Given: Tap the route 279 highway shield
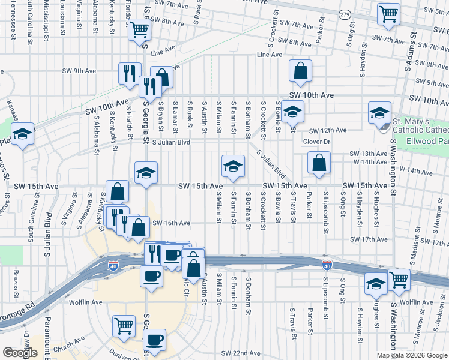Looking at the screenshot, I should point(344,14).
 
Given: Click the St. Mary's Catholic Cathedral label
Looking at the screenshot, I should point(420,126).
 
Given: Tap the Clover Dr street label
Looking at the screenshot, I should point(317,142).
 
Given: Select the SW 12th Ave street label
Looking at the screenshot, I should point(328,130).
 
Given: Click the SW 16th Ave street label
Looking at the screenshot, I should point(171,223).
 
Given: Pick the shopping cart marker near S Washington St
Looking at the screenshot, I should point(399,280).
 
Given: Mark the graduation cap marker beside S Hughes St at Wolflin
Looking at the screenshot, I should point(376,284).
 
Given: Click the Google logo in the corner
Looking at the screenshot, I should point(20,353).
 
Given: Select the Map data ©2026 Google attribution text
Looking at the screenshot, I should point(411,355).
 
